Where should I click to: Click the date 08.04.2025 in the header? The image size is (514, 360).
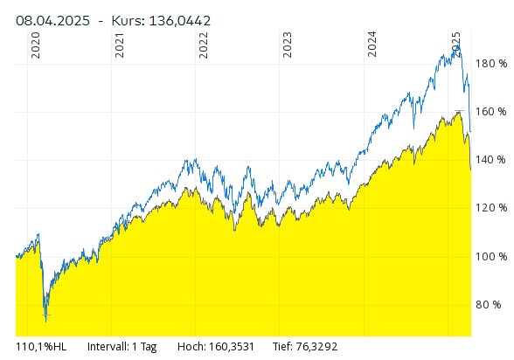click(52, 21)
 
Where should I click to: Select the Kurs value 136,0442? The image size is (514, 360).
click(180, 21)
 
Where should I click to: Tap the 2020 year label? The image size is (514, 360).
click(35, 45)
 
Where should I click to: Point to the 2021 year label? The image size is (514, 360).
click(120, 45)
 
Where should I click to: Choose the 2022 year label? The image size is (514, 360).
click(204, 45)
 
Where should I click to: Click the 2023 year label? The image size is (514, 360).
click(288, 45)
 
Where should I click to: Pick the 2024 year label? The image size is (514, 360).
click(372, 45)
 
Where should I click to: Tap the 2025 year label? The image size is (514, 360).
click(456, 45)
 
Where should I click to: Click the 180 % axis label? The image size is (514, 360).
click(491, 64)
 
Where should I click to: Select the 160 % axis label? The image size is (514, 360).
click(491, 112)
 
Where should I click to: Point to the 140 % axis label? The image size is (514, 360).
click(490, 160)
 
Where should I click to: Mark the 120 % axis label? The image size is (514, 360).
click(491, 208)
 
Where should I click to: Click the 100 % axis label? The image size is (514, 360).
click(491, 256)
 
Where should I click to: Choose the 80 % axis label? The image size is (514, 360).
click(489, 305)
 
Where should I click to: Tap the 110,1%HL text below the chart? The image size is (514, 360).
click(41, 347)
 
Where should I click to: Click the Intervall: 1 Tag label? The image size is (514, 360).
click(122, 347)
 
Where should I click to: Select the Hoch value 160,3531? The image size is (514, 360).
click(233, 347)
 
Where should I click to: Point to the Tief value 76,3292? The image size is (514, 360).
click(316, 347)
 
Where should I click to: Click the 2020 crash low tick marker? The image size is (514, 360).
click(46, 315)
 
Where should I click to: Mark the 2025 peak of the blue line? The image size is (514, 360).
click(459, 45)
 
